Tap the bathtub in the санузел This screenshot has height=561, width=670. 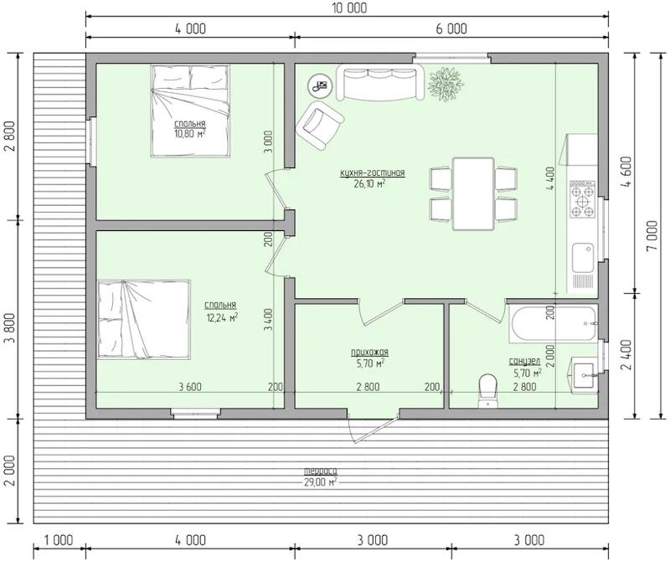553,324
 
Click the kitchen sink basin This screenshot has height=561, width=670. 582,257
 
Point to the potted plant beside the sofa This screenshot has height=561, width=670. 446,84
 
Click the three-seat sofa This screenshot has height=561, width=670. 380,82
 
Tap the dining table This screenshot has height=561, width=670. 474,193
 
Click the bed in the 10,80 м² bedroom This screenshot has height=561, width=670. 190,111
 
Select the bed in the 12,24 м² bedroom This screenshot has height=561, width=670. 144,319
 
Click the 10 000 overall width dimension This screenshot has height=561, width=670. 348,8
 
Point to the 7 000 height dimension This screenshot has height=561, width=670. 652,236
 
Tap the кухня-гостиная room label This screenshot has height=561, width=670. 372,173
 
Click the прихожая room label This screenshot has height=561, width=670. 369,353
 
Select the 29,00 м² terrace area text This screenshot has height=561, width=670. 320,482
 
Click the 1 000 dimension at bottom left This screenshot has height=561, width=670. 59,540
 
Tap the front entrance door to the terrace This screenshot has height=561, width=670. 374,426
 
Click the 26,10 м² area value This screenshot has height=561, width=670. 369,183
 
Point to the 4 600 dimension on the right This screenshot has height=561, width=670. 625,173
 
